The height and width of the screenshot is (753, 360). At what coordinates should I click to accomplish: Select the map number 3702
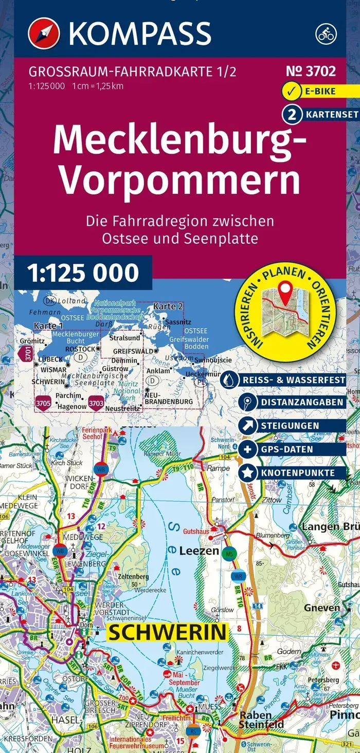314,71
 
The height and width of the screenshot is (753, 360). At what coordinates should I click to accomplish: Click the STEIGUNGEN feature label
289,426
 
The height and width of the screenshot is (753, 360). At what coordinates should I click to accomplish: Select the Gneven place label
322,608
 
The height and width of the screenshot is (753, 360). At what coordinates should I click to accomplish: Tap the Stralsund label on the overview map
125,338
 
